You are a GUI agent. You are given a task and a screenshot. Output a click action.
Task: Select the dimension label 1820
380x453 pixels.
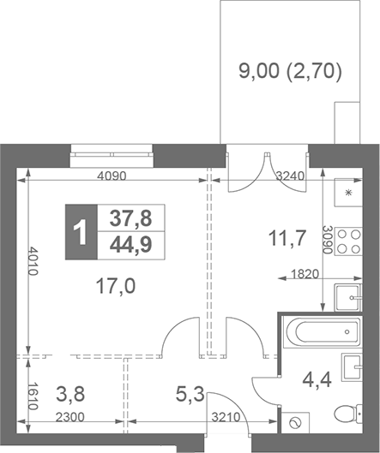pyautogui.click(x=298, y=277)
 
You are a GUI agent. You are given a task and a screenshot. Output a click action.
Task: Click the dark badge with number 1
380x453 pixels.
pyautogui.click(x=82, y=232)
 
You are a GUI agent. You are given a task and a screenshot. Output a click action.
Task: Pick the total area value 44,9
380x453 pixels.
pyautogui.click(x=130, y=246)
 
